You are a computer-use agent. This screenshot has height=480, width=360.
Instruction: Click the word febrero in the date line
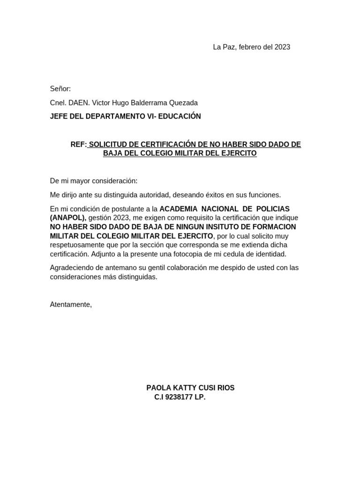[252, 47]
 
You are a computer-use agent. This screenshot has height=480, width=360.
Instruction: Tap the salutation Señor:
[60, 89]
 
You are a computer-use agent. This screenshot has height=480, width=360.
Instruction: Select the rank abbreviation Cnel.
[58, 103]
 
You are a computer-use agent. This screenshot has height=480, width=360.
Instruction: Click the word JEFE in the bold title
[59, 116]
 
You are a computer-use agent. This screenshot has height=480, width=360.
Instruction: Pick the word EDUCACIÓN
[180, 116]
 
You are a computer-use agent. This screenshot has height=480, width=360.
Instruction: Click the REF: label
[78, 144]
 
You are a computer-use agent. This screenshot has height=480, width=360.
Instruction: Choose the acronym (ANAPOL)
[68, 218]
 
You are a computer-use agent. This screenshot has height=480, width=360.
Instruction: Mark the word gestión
[100, 218]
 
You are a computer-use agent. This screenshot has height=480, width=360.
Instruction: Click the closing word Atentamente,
[71, 305]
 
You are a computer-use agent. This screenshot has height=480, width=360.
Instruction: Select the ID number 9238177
[179, 397]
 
